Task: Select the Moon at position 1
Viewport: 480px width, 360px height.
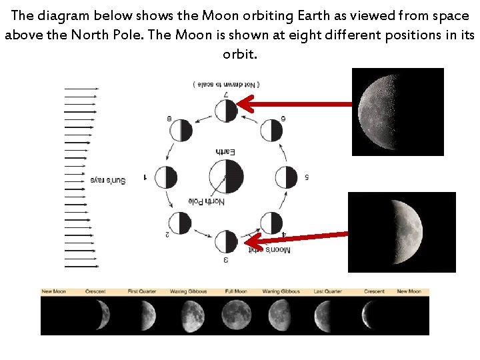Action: (165, 177)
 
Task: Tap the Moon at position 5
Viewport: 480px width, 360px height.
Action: (287, 177)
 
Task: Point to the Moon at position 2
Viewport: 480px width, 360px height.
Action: (181, 223)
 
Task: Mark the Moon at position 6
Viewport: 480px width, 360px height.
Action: (271, 130)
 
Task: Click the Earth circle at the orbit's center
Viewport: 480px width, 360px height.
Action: (226, 177)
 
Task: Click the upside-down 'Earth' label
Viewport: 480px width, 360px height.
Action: (226, 152)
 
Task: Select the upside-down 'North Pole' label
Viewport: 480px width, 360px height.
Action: (207, 201)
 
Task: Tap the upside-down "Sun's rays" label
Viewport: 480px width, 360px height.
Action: (107, 180)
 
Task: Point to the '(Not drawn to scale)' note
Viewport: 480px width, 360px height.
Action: (226, 85)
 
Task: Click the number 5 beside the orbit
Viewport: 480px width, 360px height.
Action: (307, 177)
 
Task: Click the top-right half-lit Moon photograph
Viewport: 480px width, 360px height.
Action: (397, 111)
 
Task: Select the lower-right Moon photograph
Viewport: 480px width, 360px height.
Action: (401, 232)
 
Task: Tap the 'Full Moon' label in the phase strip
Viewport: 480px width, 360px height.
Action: (236, 291)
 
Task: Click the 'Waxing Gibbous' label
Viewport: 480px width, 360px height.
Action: (188, 291)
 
